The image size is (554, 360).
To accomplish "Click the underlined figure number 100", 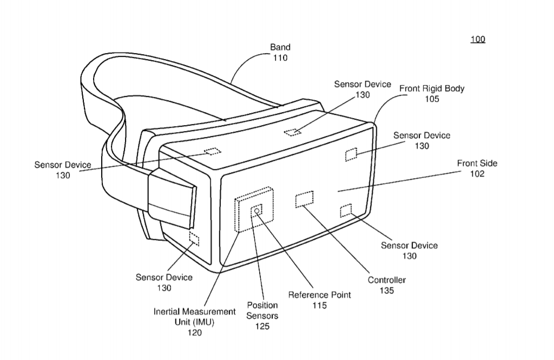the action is point(478,40).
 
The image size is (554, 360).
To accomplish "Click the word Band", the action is point(280,47).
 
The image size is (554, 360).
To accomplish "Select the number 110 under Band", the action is point(280,57).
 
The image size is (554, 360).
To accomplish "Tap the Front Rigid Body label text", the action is point(432,88).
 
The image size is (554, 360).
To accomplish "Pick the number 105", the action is point(432,99).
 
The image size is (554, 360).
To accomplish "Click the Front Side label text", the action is point(477,163).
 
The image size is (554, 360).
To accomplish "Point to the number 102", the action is point(477,174).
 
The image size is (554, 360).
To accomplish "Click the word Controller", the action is point(386,280).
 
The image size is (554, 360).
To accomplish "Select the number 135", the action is point(386,290).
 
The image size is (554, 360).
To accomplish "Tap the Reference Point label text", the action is point(319,295).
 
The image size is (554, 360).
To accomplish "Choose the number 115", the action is point(319,305).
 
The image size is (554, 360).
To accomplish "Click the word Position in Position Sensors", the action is point(262,305).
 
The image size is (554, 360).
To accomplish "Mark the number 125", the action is point(262,326).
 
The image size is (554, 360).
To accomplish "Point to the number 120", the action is point(194,332).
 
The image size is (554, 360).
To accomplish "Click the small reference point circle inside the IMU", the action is point(257,211).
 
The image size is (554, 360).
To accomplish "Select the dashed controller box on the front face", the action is point(304,199).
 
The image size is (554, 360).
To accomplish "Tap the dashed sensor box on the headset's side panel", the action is point(194,239).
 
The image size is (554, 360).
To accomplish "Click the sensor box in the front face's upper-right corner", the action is point(351,154).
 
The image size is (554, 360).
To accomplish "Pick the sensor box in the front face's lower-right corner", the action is point(346,211).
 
